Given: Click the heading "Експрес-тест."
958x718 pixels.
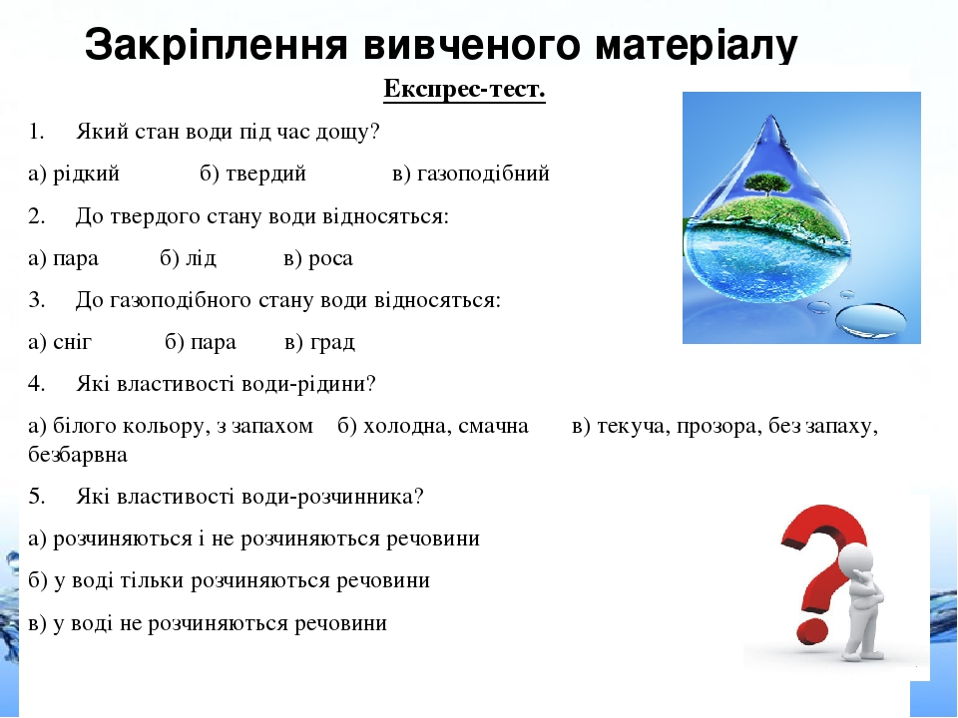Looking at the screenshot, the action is (x=464, y=90).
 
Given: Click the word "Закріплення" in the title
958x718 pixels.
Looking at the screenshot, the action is (x=217, y=45).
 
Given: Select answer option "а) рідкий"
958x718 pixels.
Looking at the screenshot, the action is (x=74, y=174).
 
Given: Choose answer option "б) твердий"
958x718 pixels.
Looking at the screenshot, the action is (x=252, y=174).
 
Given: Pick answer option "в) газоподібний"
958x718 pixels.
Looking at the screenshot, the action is (x=471, y=174).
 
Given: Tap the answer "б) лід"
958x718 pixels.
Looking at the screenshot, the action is (x=189, y=258).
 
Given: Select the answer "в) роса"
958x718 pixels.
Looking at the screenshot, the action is (x=318, y=258).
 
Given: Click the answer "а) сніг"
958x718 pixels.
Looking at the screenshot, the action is (x=60, y=342).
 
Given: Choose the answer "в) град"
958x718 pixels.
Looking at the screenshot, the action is (x=319, y=342).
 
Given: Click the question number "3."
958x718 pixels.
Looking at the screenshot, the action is (x=37, y=300).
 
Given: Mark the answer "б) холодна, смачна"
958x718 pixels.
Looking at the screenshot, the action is (x=433, y=426).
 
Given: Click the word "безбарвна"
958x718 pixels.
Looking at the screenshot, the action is (x=78, y=455).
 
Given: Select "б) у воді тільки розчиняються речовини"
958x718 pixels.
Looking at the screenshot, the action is (x=230, y=580).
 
